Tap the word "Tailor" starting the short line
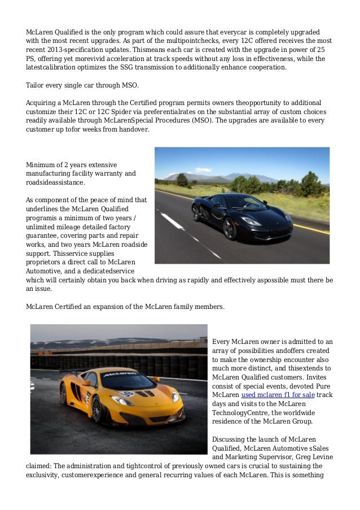[x=36, y=86]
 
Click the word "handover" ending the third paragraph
[x=134, y=129]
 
